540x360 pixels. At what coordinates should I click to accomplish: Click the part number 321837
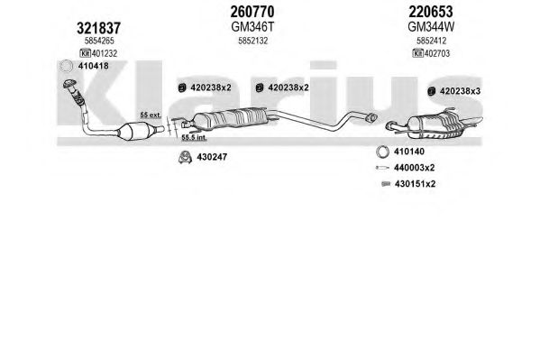click(98, 28)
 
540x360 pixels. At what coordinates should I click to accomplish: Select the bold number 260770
click(252, 12)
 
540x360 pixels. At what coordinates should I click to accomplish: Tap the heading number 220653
click(431, 12)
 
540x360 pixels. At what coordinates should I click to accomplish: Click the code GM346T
click(252, 26)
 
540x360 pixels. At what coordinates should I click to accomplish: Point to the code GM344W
click(431, 26)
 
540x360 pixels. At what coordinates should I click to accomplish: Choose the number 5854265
click(99, 41)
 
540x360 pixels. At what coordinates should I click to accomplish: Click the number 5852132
click(252, 41)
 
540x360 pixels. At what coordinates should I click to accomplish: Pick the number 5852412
click(431, 41)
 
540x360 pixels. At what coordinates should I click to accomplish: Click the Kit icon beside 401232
click(85, 53)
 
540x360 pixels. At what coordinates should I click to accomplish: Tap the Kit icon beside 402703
click(417, 53)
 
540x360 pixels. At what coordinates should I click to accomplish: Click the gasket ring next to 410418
click(66, 66)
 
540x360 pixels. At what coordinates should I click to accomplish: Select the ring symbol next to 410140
click(382, 152)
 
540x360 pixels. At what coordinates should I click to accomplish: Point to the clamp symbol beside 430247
click(185, 157)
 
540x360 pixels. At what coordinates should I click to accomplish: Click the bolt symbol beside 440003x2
click(382, 168)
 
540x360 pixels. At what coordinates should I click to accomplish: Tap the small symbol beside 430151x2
click(386, 184)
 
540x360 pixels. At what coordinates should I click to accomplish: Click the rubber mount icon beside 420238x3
click(431, 91)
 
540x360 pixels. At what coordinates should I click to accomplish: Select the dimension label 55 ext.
click(151, 115)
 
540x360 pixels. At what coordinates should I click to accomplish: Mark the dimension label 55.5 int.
click(194, 137)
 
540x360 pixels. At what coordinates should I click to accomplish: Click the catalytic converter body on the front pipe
click(133, 132)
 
